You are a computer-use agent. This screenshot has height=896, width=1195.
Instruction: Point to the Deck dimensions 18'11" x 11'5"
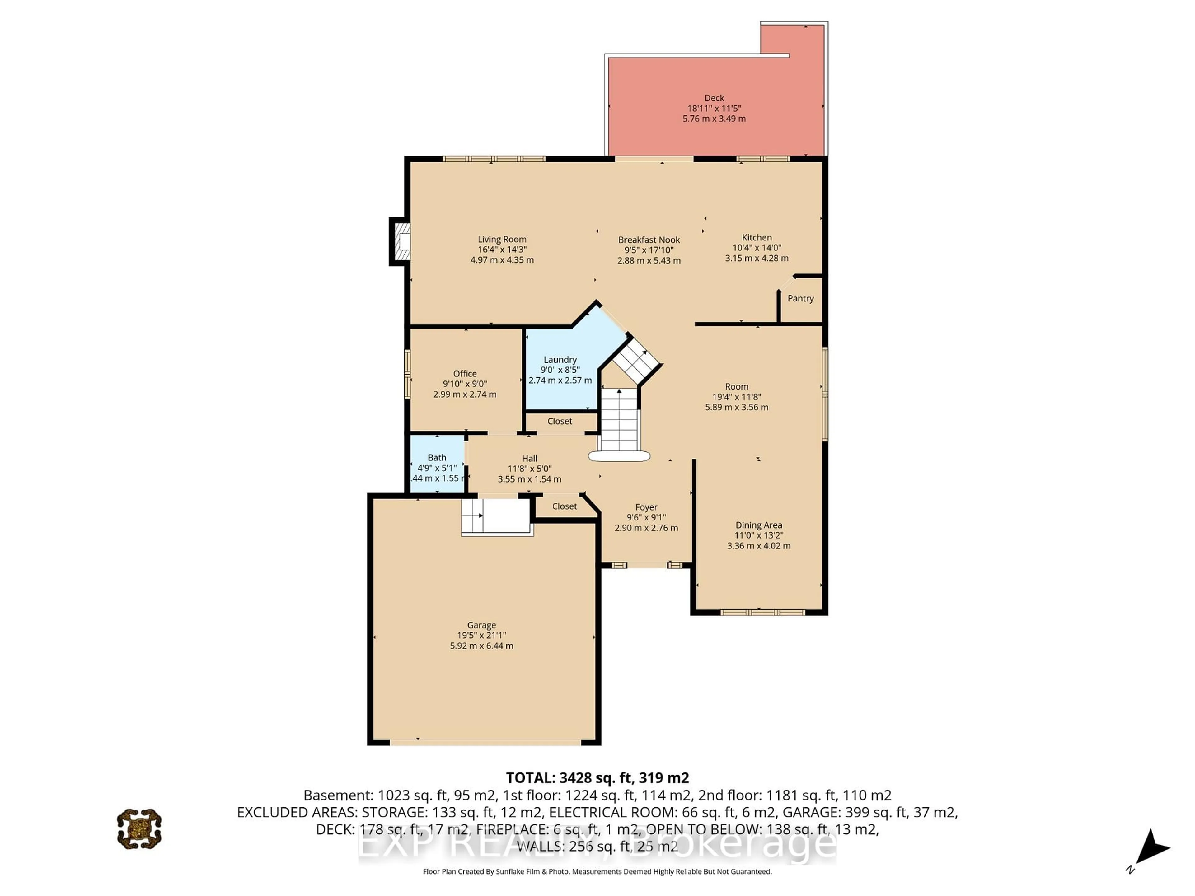714,108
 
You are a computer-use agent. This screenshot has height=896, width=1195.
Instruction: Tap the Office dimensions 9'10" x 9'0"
465,384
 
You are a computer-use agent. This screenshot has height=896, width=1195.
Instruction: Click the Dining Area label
758,525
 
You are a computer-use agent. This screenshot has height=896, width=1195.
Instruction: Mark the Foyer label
646,507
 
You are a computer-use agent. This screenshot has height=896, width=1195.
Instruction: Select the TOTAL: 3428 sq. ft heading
597,778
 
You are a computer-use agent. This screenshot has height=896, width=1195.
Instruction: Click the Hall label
529,458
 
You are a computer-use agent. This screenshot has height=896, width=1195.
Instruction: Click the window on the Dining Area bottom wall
762,613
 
